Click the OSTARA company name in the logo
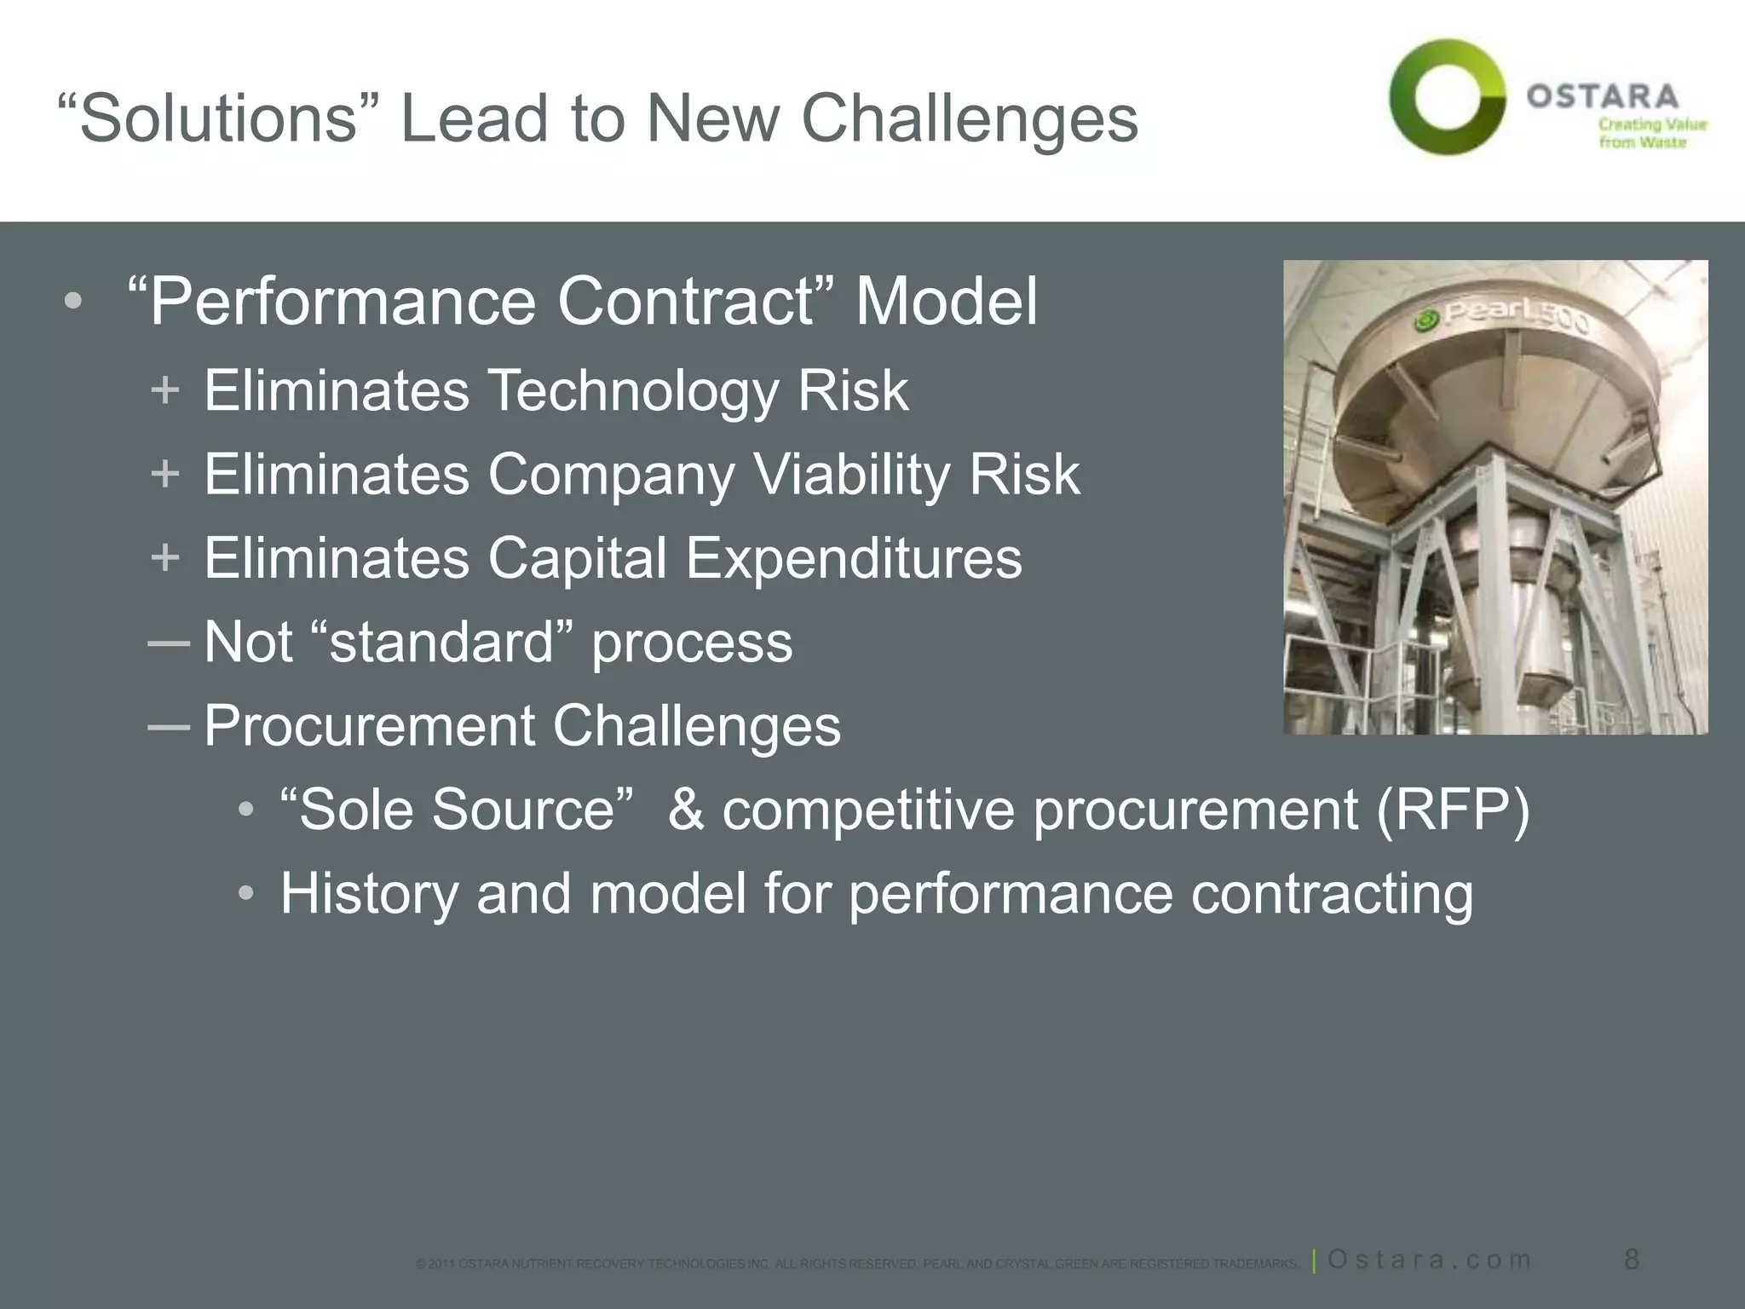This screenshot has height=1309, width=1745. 1602,96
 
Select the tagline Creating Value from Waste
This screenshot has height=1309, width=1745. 1651,133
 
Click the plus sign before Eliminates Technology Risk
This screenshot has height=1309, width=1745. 164,391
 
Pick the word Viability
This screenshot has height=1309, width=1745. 851,475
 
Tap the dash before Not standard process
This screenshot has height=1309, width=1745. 168,642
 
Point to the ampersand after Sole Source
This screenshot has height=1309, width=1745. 686,810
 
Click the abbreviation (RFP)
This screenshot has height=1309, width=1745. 1453,810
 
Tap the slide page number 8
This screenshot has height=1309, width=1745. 1631,1259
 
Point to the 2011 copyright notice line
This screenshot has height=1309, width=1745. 856,1264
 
